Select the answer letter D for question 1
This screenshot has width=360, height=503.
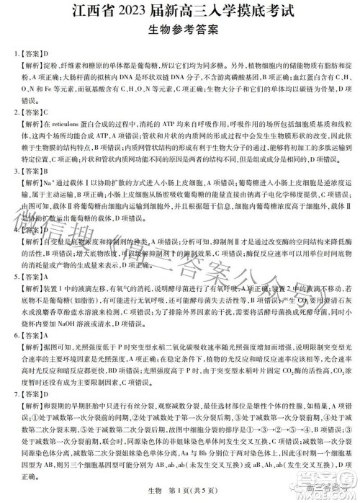coord(45,53)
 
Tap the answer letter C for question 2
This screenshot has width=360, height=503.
coord(45,112)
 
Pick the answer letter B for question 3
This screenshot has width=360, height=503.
coord(45,172)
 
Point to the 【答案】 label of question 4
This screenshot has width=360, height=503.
coord(30,231)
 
